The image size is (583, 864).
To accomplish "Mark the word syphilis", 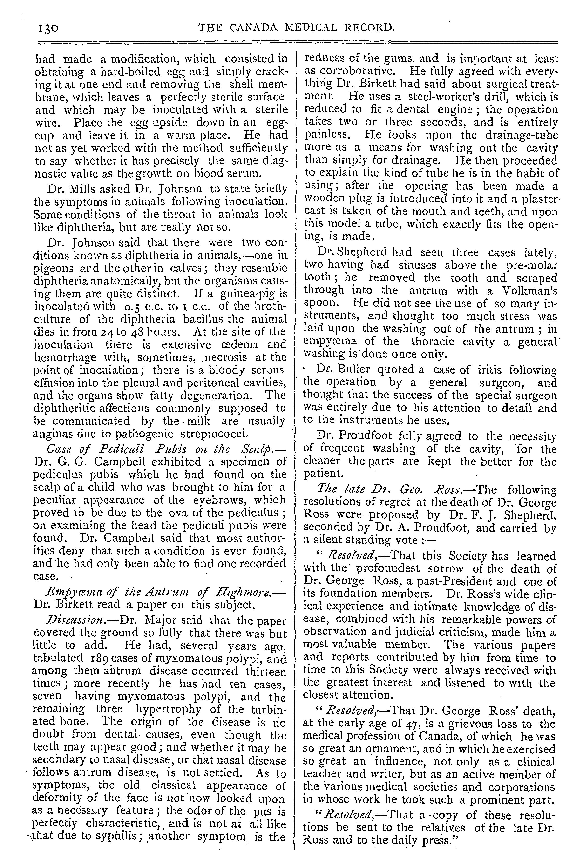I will pyautogui.click(x=107, y=837).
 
